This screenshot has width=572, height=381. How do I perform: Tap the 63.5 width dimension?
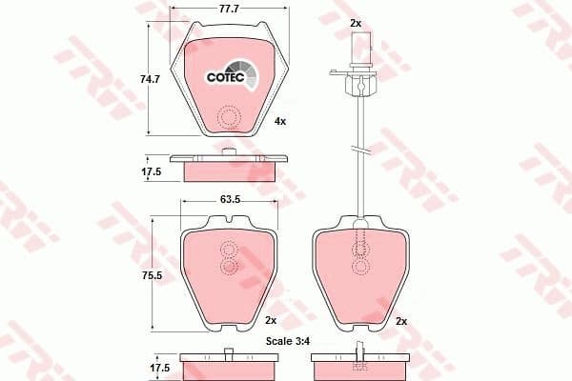click(227, 201)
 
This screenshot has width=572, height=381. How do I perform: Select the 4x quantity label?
click(279, 122)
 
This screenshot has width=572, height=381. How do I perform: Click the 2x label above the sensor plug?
click(356, 21)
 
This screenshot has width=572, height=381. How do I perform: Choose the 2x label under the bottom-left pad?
click(270, 319)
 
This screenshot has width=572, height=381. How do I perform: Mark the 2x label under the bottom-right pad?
click(401, 319)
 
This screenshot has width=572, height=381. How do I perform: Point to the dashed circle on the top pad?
click(228, 118)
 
